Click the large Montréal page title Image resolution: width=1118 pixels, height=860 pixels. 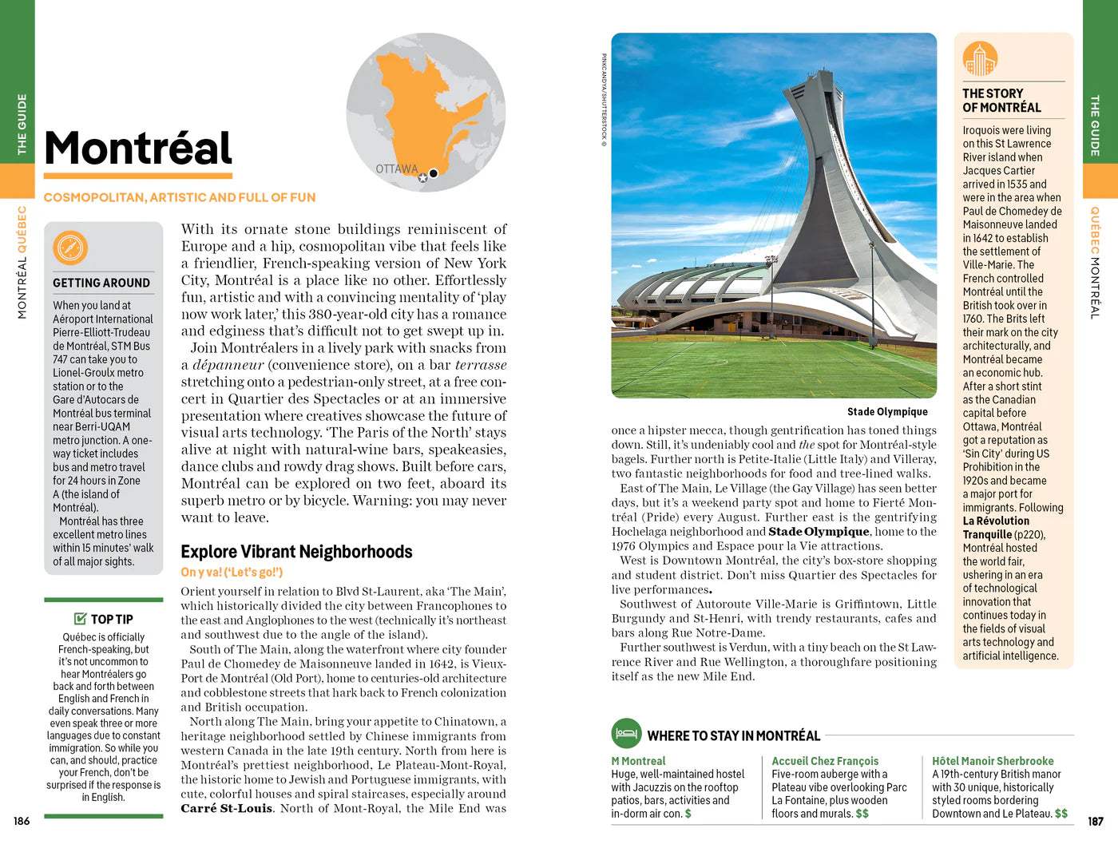(x=138, y=149)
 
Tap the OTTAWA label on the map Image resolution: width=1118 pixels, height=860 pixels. (x=397, y=169)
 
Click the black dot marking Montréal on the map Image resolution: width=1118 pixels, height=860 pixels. (x=434, y=173)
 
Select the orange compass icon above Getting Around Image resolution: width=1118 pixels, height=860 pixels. (x=70, y=248)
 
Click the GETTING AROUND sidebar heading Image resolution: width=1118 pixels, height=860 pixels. (x=101, y=283)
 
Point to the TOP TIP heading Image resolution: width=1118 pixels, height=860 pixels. (x=112, y=619)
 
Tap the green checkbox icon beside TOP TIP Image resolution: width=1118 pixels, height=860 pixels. (x=80, y=618)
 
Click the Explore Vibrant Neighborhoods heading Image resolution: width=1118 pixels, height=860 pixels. (x=296, y=552)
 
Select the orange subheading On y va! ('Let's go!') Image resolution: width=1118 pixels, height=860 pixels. (x=232, y=572)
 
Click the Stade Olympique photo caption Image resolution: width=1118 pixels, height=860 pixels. (x=887, y=412)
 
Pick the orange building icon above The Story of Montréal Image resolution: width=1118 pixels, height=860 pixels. (x=980, y=59)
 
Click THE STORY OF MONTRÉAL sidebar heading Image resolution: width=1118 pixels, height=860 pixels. (x=1001, y=101)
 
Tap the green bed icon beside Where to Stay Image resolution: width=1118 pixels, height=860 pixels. (x=627, y=733)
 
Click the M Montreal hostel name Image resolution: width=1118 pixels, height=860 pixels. (x=638, y=761)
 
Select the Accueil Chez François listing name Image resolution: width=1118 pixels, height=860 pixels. (x=825, y=761)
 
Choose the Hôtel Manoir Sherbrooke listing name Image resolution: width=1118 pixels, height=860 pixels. (x=993, y=761)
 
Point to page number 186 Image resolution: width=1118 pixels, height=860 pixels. (x=22, y=821)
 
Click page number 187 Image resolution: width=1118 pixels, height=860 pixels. (x=1096, y=821)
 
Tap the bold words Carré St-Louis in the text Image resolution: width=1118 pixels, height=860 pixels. (x=227, y=808)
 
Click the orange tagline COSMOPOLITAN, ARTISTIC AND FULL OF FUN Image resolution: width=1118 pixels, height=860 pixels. (x=180, y=197)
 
